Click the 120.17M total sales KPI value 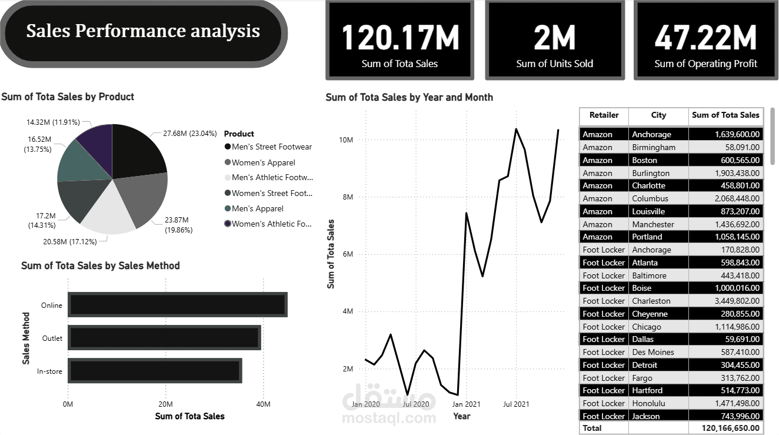(400, 37)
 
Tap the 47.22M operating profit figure (705, 37)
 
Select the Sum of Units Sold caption (554, 64)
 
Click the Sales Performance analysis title (143, 31)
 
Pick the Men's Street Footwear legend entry (271, 147)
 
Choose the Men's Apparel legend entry (257, 208)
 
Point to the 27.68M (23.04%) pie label (190, 134)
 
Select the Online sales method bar (177, 305)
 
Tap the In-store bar (155, 371)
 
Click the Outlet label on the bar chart (52, 338)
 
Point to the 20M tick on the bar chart (165, 404)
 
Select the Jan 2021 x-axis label (465, 404)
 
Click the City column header (658, 115)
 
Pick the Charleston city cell (651, 301)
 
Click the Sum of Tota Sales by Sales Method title (101, 265)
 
